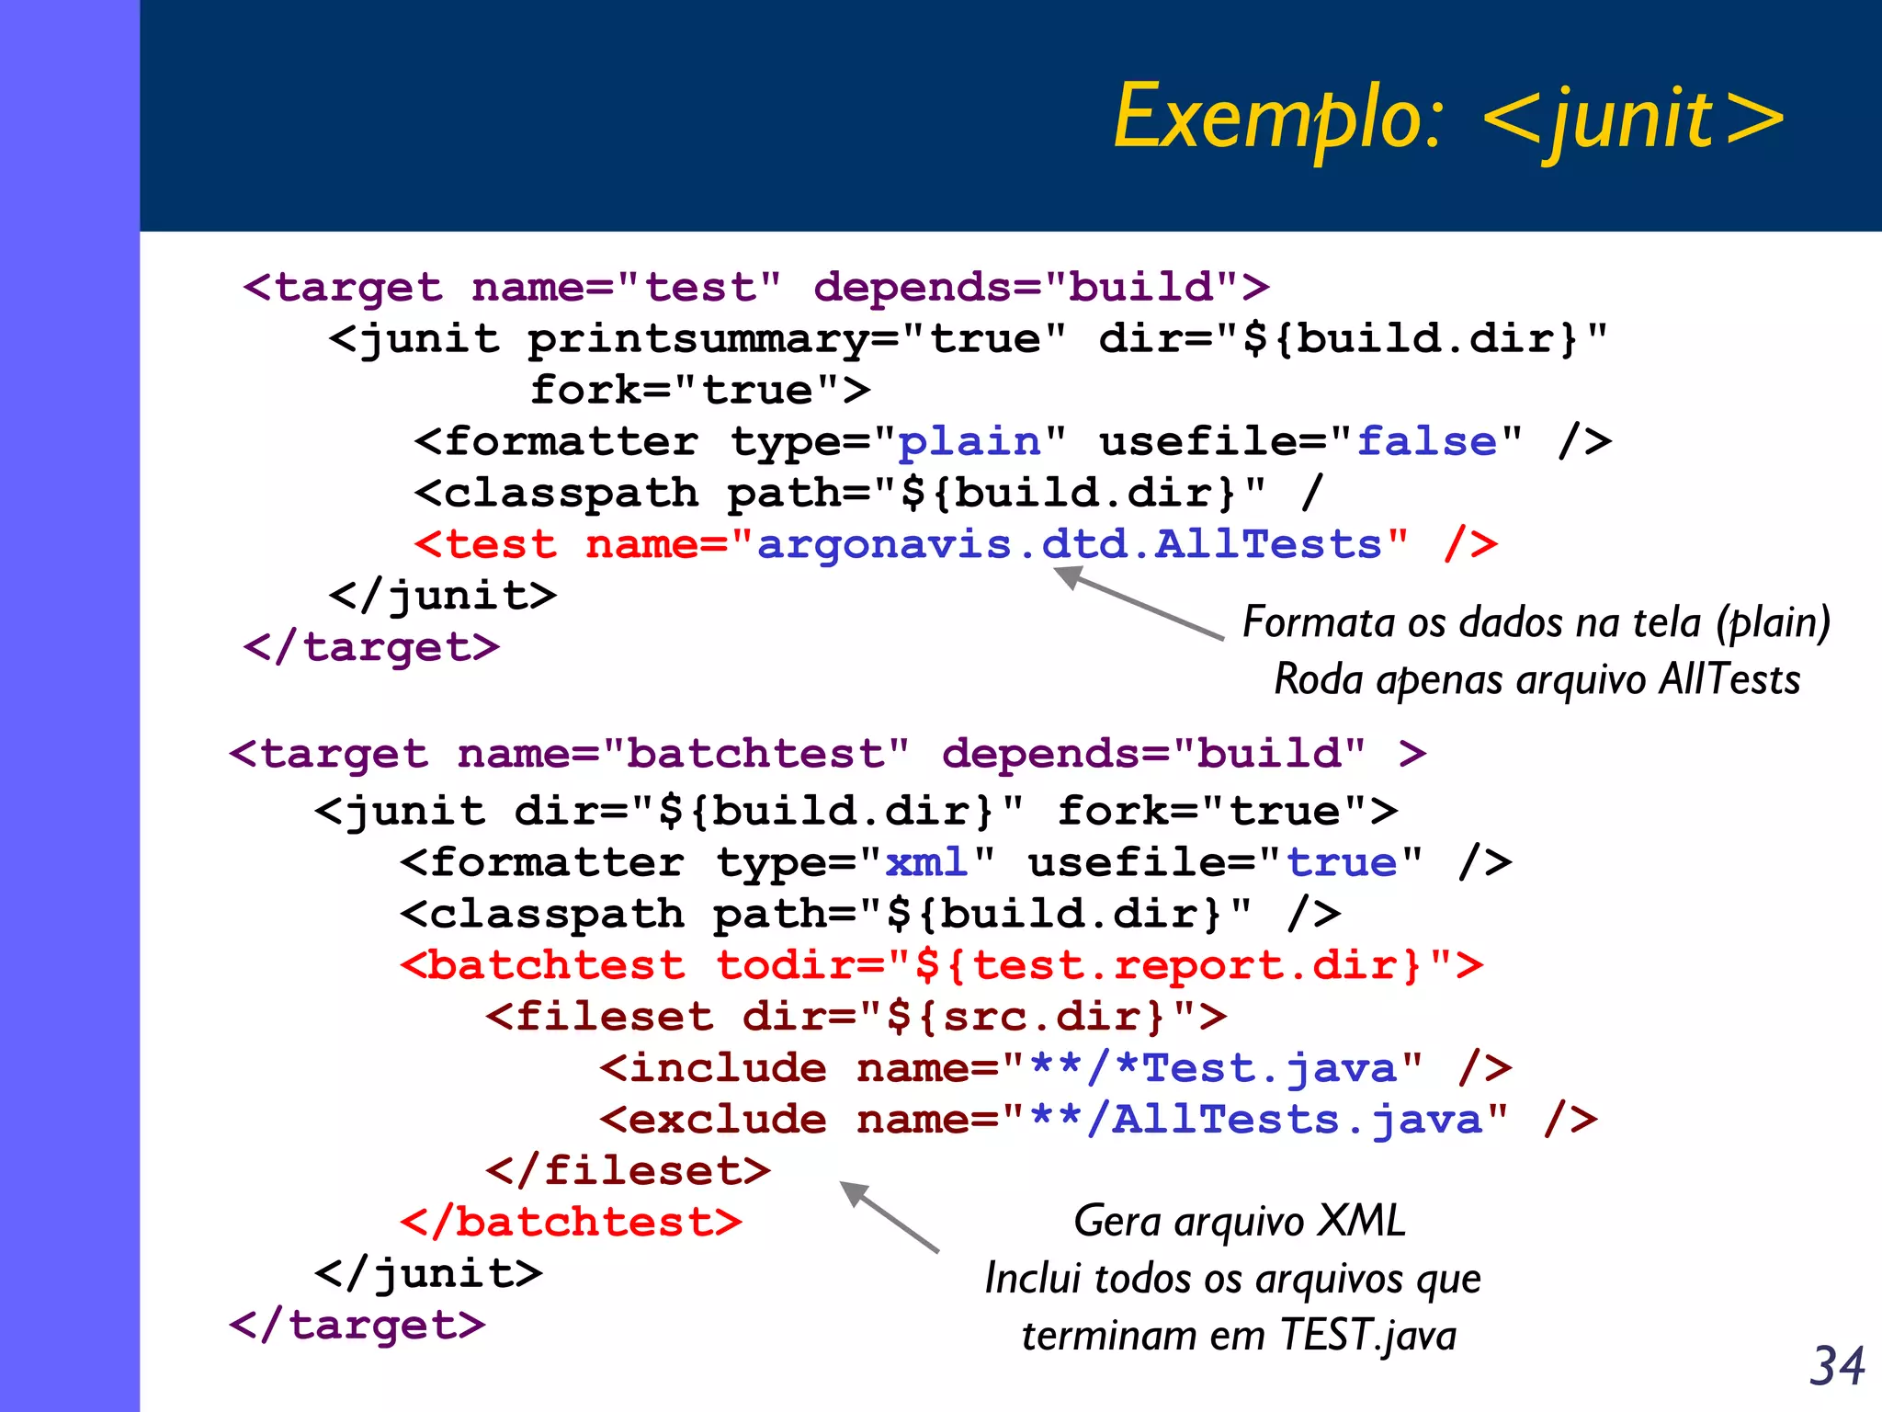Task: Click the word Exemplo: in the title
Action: (x=1277, y=118)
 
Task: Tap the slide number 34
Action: (x=1836, y=1366)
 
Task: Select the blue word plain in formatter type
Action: (x=969, y=442)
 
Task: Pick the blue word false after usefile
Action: (x=1427, y=442)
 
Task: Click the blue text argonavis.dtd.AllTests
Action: (x=1069, y=544)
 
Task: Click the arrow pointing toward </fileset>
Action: (x=889, y=1217)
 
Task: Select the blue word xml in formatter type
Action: (x=926, y=862)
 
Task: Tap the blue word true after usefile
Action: (x=1341, y=862)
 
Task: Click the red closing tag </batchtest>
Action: (x=571, y=1223)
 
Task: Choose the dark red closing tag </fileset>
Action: (x=628, y=1171)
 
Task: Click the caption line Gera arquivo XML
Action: (x=1239, y=1222)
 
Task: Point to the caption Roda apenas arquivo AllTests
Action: (x=1536, y=680)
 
